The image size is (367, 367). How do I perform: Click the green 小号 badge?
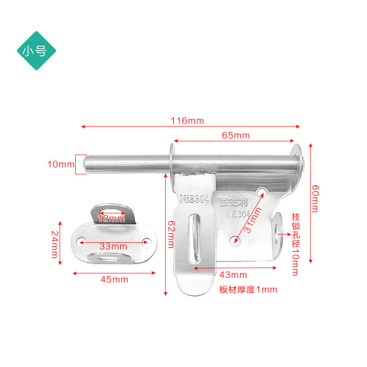(x=36, y=51)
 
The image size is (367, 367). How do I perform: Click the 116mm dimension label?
(x=187, y=121)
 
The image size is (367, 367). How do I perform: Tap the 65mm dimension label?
(x=235, y=135)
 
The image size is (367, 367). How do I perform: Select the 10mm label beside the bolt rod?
(x=60, y=164)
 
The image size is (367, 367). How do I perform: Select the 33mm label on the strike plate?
(x=113, y=246)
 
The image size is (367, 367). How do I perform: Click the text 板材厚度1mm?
(x=248, y=289)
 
